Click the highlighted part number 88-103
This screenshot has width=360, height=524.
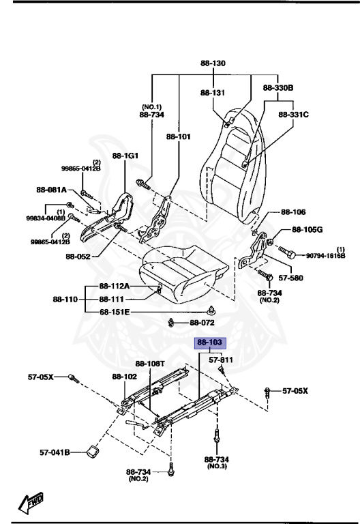(211, 343)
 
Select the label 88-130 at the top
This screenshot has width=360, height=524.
(213, 63)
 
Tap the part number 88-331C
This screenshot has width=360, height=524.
(294, 115)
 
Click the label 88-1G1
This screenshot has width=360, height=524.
(125, 156)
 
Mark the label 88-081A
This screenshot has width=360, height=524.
(51, 190)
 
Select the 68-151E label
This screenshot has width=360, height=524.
(116, 312)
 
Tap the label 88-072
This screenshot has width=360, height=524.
(202, 322)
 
